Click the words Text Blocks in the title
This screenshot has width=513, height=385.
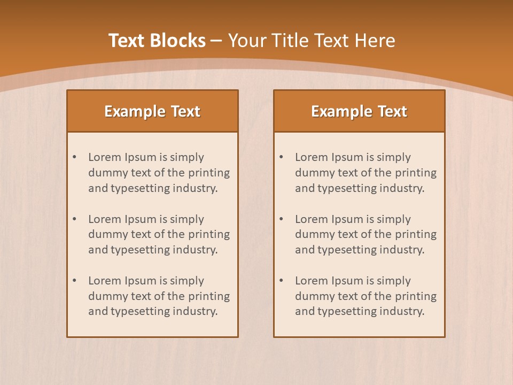click(157, 41)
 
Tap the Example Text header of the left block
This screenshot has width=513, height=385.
click(152, 111)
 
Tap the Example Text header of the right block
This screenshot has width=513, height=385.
click(359, 111)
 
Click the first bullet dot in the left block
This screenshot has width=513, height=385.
click(74, 157)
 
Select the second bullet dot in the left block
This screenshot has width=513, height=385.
click(74, 219)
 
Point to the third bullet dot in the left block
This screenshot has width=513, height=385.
click(74, 281)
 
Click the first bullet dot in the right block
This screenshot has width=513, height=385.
click(281, 157)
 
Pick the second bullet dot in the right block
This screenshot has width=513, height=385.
click(281, 219)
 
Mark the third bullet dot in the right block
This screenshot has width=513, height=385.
click(281, 281)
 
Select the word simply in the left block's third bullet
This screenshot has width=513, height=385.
click(187, 281)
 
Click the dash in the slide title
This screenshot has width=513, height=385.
click(216, 41)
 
